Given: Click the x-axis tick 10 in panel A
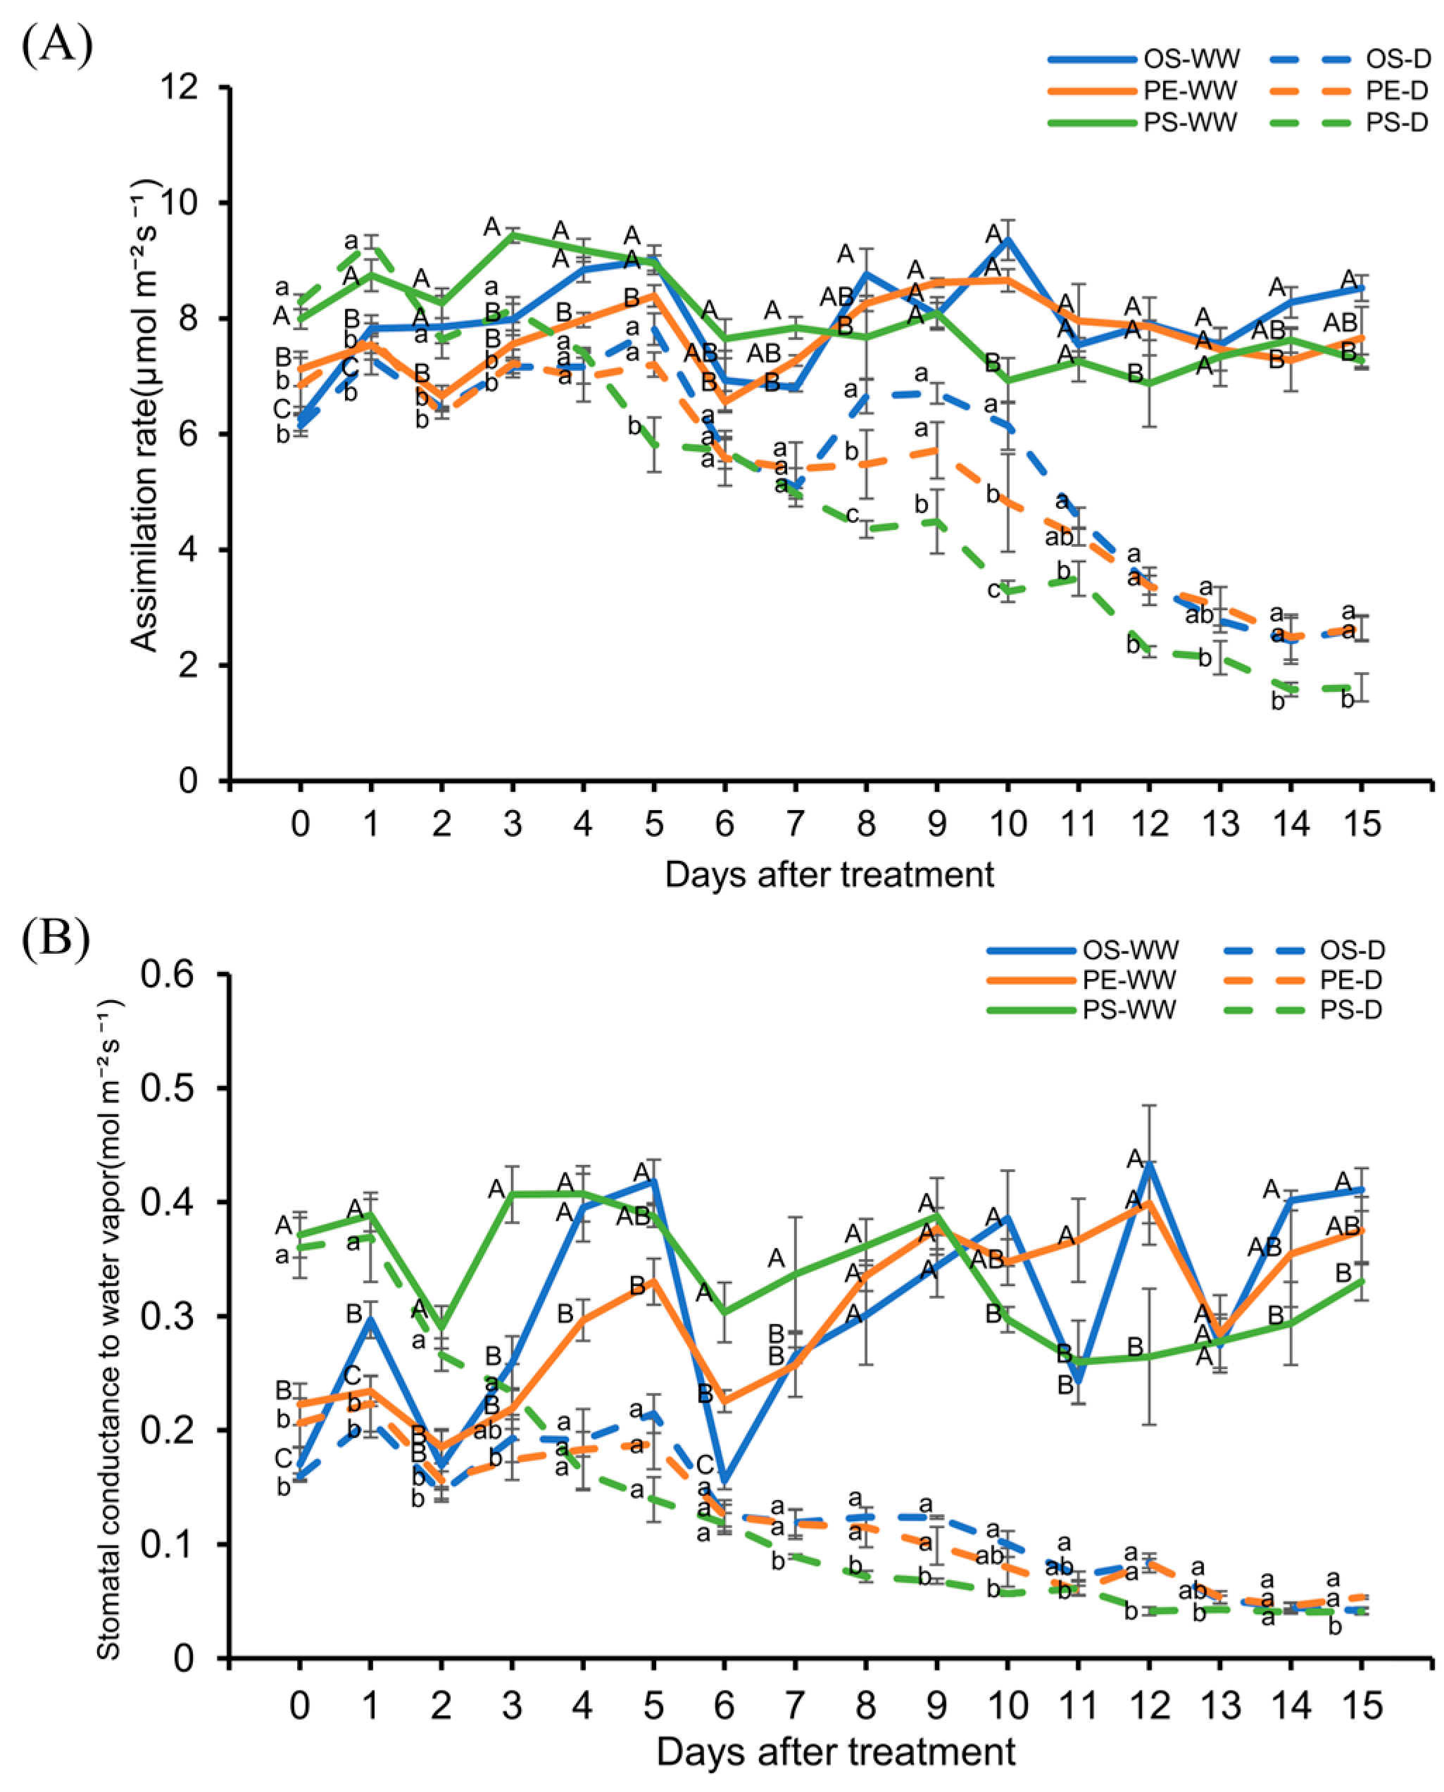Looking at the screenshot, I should [x=1008, y=824].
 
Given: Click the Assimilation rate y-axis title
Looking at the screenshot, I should [x=145, y=416].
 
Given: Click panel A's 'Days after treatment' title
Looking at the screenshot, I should [x=829, y=875].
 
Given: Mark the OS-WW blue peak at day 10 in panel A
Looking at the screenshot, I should [x=1008, y=239].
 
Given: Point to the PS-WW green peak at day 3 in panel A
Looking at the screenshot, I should [x=513, y=234].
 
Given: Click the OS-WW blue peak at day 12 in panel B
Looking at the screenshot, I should [x=1150, y=1163].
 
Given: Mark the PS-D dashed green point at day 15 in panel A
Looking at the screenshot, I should [x=1362, y=688].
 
